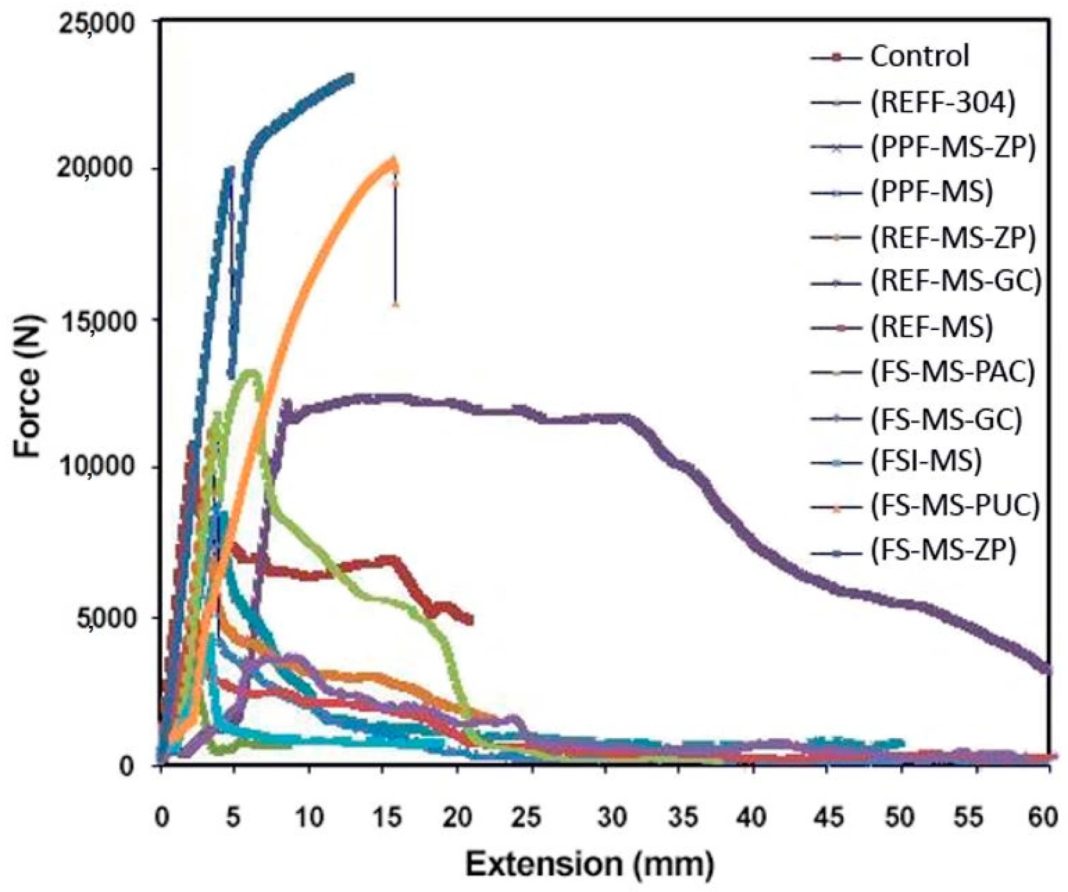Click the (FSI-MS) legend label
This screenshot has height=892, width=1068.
point(926,461)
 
